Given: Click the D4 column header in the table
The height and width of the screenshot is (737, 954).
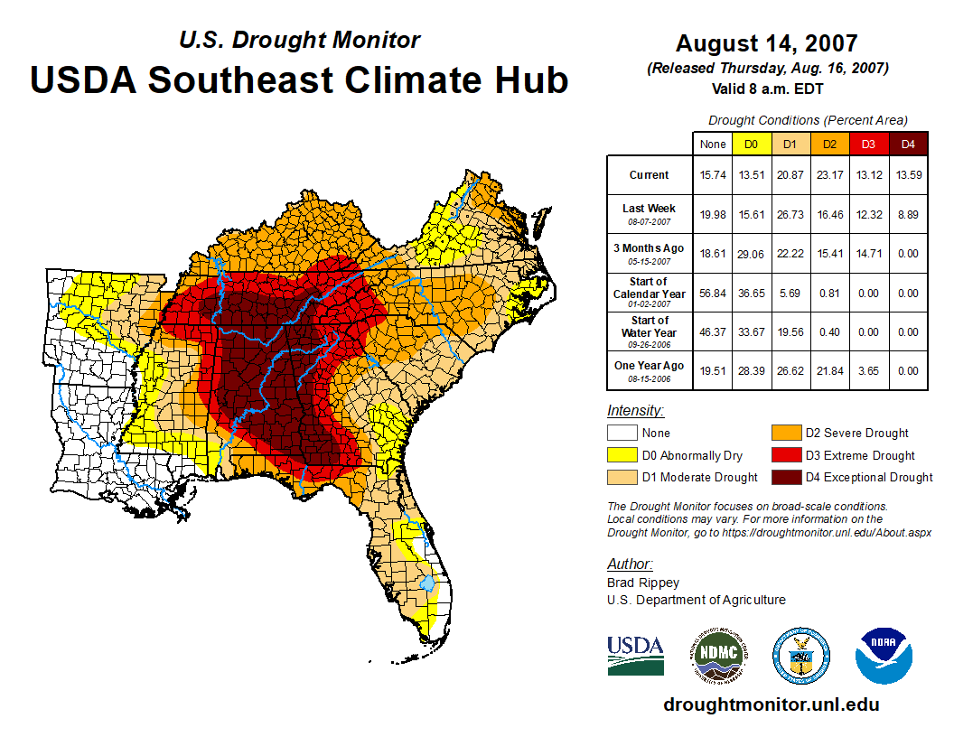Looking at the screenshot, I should pyautogui.click(x=909, y=144).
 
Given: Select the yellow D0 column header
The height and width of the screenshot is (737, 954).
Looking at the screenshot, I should pyautogui.click(x=751, y=144).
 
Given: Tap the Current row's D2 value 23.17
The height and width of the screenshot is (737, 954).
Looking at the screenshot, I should pyautogui.click(x=829, y=175).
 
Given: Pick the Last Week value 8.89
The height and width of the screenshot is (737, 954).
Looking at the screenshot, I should pyautogui.click(x=909, y=214).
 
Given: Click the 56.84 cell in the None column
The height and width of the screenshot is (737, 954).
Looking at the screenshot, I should pyautogui.click(x=713, y=293).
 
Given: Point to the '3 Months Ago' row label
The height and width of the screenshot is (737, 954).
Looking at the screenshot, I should pyautogui.click(x=650, y=253).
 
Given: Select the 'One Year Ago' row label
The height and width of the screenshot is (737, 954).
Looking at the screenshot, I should pyautogui.click(x=650, y=370).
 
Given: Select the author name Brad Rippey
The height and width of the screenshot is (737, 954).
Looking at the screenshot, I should pyautogui.click(x=643, y=583).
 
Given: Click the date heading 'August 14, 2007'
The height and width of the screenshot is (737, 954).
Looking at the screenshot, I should pyautogui.click(x=767, y=43).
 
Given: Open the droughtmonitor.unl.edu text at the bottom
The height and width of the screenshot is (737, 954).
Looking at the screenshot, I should pyautogui.click(x=771, y=704).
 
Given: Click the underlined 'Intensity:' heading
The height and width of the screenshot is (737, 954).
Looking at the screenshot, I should pyautogui.click(x=635, y=410).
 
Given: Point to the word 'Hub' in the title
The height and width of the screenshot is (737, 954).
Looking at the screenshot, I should pyautogui.click(x=528, y=79).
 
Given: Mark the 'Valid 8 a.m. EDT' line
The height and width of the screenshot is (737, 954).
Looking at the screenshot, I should pyautogui.click(x=767, y=89).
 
